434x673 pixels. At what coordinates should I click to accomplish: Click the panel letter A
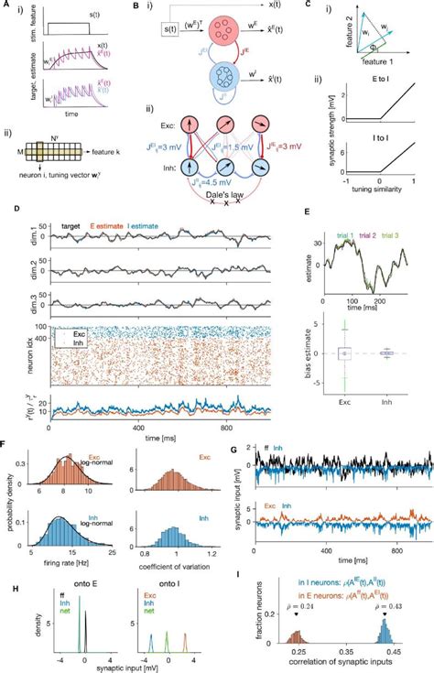7,6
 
